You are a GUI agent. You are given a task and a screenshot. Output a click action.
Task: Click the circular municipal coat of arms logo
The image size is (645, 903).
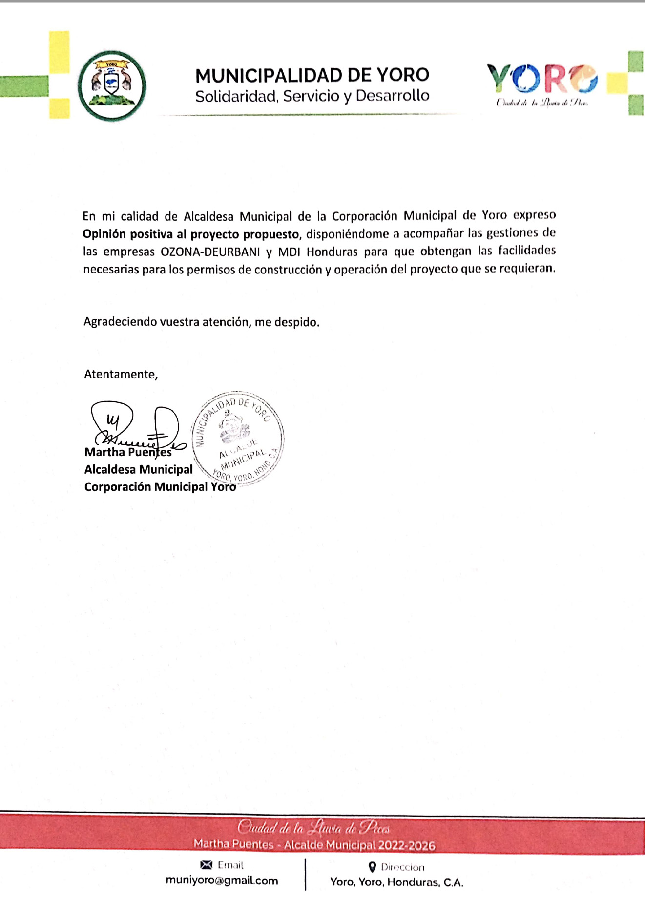click(112, 85)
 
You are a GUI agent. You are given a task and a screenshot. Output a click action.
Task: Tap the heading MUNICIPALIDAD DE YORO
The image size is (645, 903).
click(312, 75)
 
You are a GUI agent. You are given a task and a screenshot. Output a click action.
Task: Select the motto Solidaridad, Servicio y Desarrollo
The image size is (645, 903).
click(312, 96)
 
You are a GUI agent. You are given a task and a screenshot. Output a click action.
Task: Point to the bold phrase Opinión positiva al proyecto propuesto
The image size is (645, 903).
click(190, 234)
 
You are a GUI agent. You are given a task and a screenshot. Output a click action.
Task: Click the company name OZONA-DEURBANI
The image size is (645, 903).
click(210, 252)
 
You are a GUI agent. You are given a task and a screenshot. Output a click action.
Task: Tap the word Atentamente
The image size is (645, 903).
click(121, 374)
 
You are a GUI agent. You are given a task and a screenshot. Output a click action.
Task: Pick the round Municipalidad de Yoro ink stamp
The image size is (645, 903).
click(238, 438)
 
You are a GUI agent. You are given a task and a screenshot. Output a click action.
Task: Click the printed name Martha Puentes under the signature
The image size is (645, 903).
click(128, 452)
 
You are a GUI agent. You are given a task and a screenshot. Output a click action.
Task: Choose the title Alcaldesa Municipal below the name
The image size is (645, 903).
click(139, 469)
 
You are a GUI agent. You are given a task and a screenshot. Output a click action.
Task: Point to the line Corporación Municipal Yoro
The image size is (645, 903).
click(160, 487)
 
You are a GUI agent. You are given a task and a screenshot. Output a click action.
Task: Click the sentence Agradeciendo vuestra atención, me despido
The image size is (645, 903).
click(201, 322)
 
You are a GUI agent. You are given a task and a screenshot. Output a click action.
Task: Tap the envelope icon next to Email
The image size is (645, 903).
click(207, 865)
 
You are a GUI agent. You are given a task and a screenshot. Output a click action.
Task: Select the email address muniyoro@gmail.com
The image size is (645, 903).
click(222, 881)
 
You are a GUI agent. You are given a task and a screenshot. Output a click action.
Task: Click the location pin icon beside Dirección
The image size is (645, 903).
click(372, 867)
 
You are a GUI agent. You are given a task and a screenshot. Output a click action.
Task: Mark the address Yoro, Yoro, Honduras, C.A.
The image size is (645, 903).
click(396, 882)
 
